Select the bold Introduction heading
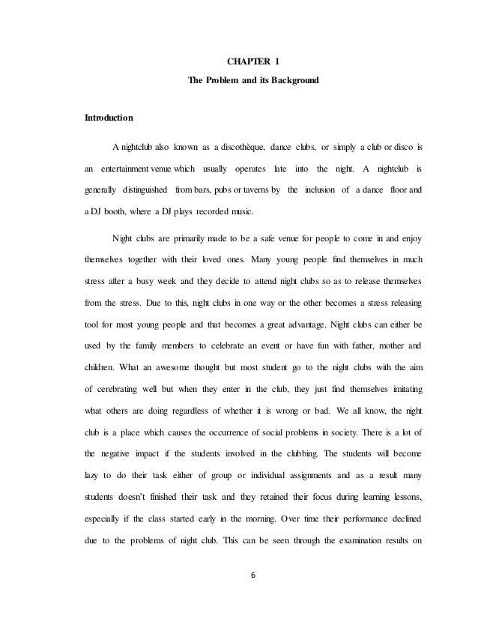click(109, 118)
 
